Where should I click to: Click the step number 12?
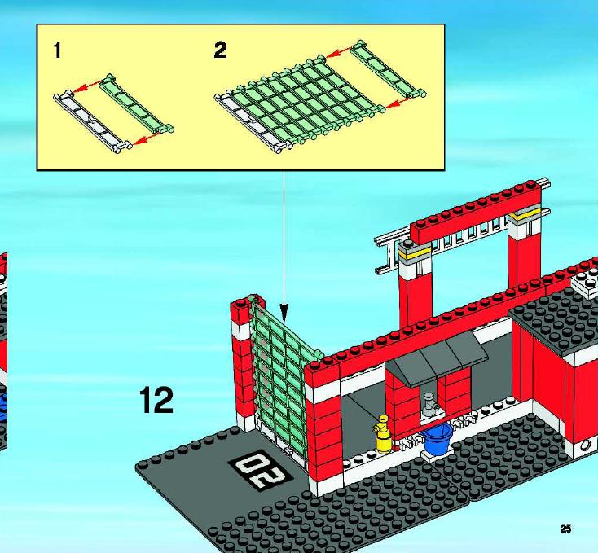point(156,399)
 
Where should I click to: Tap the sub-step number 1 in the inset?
point(57,50)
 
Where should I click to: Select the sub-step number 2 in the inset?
point(220,50)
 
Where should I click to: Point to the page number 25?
point(565,529)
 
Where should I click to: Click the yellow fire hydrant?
point(383,434)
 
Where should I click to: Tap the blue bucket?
point(438,439)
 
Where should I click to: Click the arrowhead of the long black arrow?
point(284,309)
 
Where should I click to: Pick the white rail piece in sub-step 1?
point(92,121)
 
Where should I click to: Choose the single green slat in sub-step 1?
point(136,103)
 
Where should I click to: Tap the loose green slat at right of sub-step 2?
point(389,69)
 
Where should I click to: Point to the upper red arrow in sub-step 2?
point(339,52)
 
